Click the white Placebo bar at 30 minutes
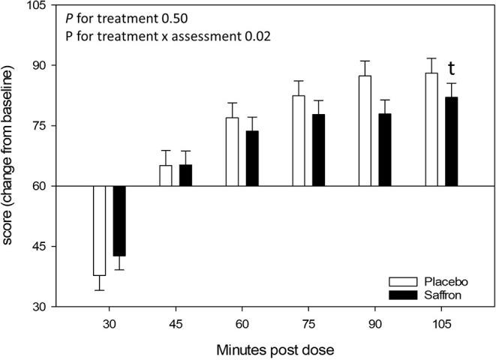tap(99, 230)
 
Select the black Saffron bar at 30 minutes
tap(119, 220)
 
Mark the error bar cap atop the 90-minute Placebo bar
tap(365, 61)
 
